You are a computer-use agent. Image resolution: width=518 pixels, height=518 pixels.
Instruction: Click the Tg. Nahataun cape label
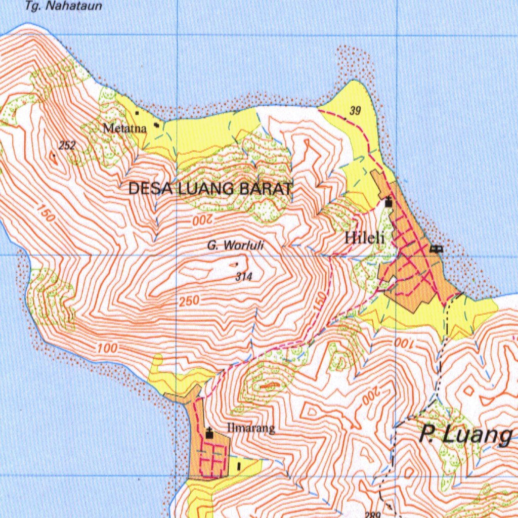[63, 7]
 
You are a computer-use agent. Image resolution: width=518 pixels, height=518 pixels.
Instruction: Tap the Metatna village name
[124, 128]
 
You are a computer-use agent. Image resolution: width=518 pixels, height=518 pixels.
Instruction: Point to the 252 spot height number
[67, 146]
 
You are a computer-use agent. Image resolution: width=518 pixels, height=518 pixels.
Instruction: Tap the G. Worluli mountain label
[235, 246]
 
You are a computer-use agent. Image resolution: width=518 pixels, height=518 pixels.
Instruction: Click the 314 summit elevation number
[243, 277]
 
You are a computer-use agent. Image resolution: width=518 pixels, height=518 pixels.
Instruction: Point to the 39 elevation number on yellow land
[355, 111]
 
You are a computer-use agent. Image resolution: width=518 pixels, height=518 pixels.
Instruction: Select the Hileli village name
[365, 238]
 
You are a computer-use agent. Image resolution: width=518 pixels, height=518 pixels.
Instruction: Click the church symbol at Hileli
[388, 202]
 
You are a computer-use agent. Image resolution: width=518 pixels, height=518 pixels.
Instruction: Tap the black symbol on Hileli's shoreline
[436, 248]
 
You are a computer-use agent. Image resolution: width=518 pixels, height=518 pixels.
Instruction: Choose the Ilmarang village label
[251, 428]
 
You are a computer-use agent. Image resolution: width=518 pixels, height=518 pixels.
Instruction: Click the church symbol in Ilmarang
[209, 433]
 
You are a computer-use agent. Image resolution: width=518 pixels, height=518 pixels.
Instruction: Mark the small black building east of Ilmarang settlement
[239, 465]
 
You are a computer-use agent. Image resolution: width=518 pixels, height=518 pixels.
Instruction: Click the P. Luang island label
[466, 435]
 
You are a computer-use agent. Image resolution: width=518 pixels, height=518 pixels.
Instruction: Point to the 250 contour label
[189, 301]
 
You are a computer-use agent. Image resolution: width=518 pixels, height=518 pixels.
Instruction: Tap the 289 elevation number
[373, 514]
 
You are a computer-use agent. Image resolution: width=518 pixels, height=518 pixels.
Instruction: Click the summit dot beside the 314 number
[237, 264]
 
